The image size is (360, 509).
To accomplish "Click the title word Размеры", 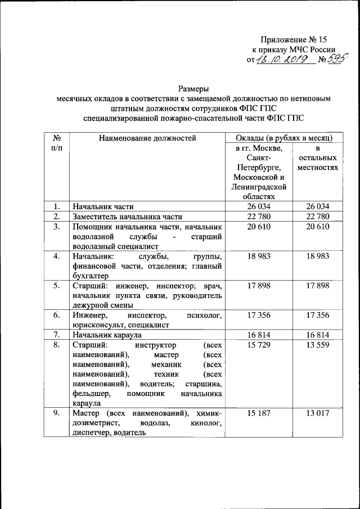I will click(194, 88).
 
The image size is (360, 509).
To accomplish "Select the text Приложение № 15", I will click(293, 40).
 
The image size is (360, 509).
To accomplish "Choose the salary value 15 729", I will click(259, 344).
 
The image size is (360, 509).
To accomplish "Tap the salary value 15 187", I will click(259, 413).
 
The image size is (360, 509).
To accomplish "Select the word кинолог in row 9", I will click(207, 422).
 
